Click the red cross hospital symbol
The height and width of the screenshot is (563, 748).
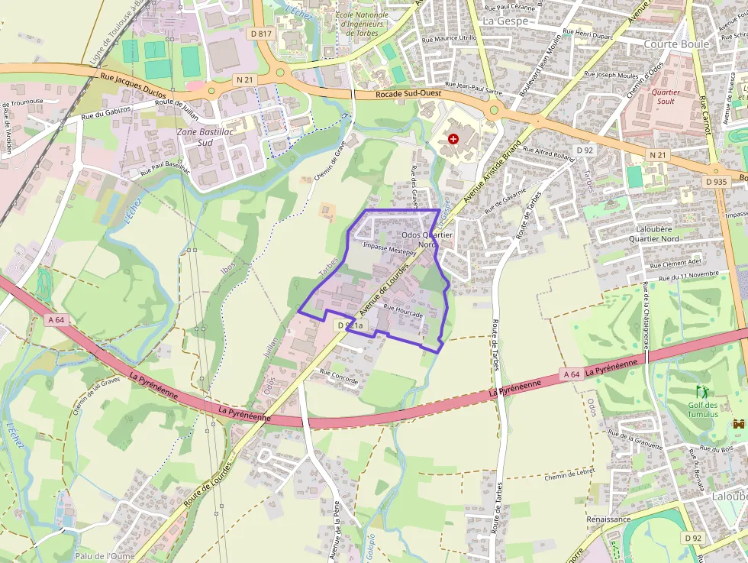pyautogui.click(x=454, y=138)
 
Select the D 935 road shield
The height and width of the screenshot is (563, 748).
pyautogui.click(x=716, y=182)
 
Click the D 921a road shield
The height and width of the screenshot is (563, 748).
pyautogui.click(x=353, y=325)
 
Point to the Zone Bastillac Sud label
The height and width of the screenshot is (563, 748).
pyautogui.click(x=195, y=137)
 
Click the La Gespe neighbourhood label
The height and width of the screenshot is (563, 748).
pyautogui.click(x=505, y=21)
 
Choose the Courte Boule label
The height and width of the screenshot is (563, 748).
pyautogui.click(x=676, y=44)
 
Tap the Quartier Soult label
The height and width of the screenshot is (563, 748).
pyautogui.click(x=666, y=96)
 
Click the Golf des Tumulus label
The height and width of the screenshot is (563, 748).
pyautogui.click(x=702, y=409)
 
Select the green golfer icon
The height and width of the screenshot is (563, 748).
pyautogui.click(x=701, y=391)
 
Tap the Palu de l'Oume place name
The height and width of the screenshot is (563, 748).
pyautogui.click(x=105, y=556)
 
